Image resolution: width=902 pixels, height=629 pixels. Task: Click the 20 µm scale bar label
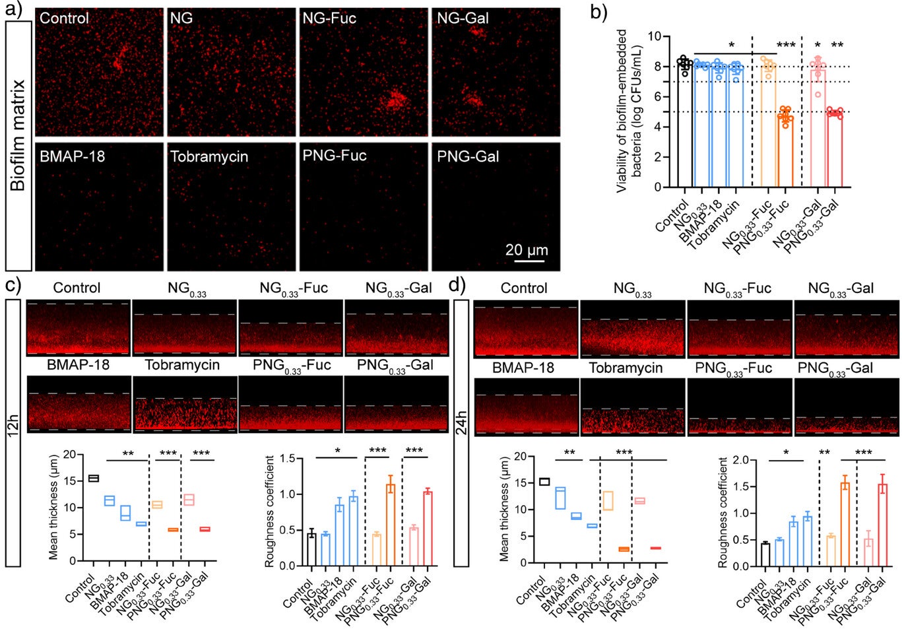pyautogui.click(x=526, y=250)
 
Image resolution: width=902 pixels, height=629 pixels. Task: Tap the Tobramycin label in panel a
pyautogui.click(x=209, y=156)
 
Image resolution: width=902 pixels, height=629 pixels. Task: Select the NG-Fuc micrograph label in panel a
pyautogui.click(x=329, y=18)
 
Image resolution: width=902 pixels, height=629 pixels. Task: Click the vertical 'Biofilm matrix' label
pyautogui.click(x=18, y=135)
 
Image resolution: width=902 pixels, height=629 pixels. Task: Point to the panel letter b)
pyautogui.click(x=598, y=12)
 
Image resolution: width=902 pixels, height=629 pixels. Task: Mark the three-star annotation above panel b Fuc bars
pyautogui.click(x=785, y=46)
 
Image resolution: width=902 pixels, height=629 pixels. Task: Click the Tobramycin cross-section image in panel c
pyautogui.click(x=185, y=414)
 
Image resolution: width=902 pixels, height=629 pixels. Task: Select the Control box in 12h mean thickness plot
pyautogui.click(x=93, y=478)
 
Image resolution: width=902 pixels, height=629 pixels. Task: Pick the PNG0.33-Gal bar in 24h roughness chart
pyautogui.click(x=882, y=525)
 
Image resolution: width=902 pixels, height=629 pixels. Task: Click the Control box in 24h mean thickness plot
pyautogui.click(x=544, y=481)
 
